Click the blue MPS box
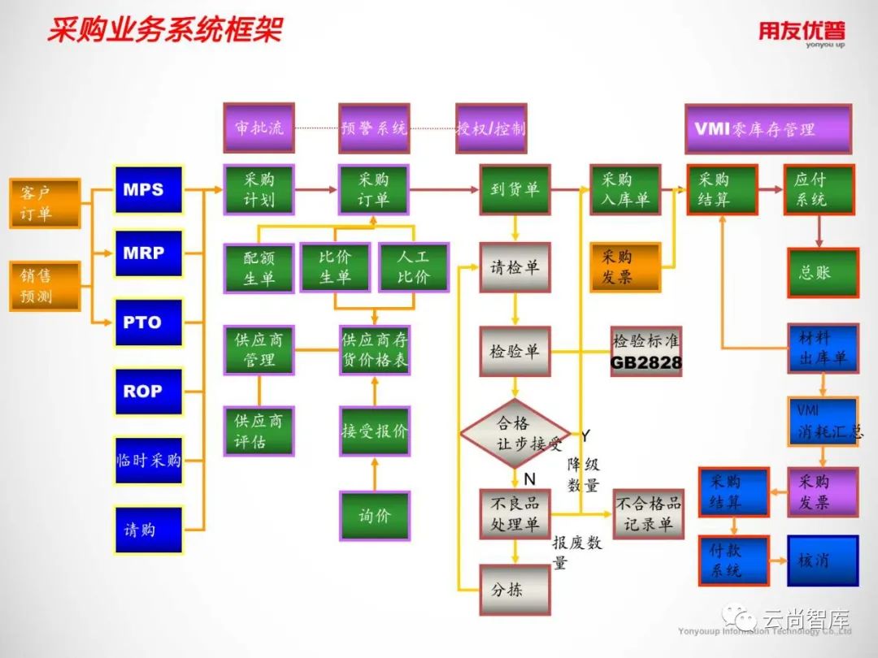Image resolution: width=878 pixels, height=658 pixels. click(x=149, y=189)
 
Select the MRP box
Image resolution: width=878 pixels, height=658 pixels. click(x=149, y=253)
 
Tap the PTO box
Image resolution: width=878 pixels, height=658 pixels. click(x=149, y=323)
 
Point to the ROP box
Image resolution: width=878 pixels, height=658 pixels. click(x=149, y=392)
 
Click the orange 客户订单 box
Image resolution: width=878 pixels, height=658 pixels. click(x=45, y=203)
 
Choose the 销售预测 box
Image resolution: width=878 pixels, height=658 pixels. click(x=45, y=286)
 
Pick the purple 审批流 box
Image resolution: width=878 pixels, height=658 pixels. click(x=259, y=128)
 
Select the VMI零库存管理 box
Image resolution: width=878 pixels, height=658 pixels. click(x=767, y=128)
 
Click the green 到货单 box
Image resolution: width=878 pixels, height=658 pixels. click(x=515, y=189)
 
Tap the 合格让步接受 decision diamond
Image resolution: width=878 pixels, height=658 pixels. click(x=515, y=433)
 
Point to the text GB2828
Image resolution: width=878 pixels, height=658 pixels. click(x=646, y=363)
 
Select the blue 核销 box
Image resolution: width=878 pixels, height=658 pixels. click(x=822, y=561)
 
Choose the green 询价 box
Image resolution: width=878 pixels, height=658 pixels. click(x=374, y=516)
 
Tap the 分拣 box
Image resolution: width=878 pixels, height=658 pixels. click(x=514, y=590)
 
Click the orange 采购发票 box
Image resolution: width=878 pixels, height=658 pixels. click(x=625, y=267)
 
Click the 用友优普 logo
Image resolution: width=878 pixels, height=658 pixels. click(x=802, y=32)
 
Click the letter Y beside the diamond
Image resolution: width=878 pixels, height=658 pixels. click(x=585, y=436)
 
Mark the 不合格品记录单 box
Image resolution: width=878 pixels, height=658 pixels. click(x=648, y=514)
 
